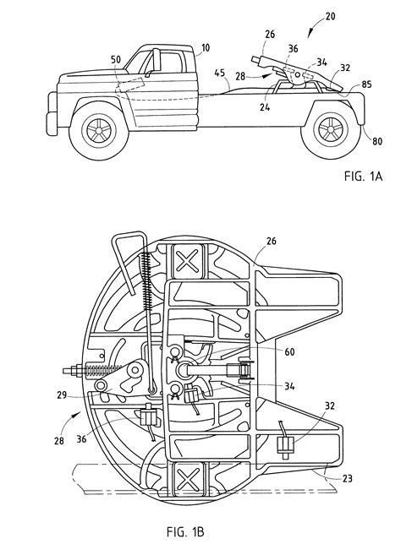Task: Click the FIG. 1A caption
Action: coord(363,176)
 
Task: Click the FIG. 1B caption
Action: coord(185,531)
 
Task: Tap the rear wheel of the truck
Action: coord(331,129)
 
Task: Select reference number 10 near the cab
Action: coord(206,47)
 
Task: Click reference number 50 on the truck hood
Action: coord(116,59)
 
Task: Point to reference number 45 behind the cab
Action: coord(220,73)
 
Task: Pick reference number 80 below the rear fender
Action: coord(377,141)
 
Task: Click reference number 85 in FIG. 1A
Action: coord(366,84)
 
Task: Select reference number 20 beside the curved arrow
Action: coord(330,16)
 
